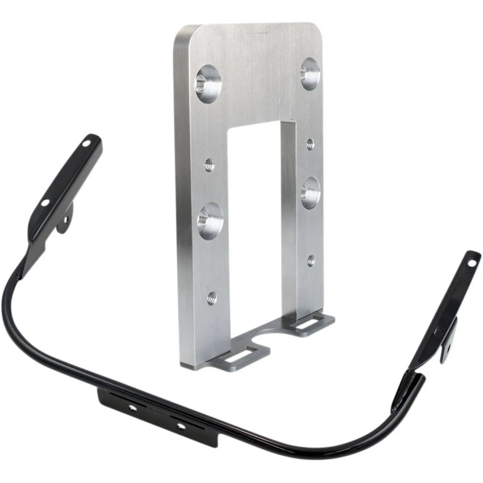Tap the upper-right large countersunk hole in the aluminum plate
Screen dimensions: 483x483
[x=310, y=74]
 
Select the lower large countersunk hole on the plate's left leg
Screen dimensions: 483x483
[x=210, y=220]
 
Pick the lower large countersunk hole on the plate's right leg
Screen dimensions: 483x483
[x=310, y=193]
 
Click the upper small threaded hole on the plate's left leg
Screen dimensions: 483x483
[x=209, y=164]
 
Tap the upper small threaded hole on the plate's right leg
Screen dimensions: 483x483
[x=310, y=144]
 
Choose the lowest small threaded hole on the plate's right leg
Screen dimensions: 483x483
[x=310, y=260]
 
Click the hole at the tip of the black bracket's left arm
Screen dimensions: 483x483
[x=86, y=144]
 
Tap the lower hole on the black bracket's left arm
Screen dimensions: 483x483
[x=45, y=203]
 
